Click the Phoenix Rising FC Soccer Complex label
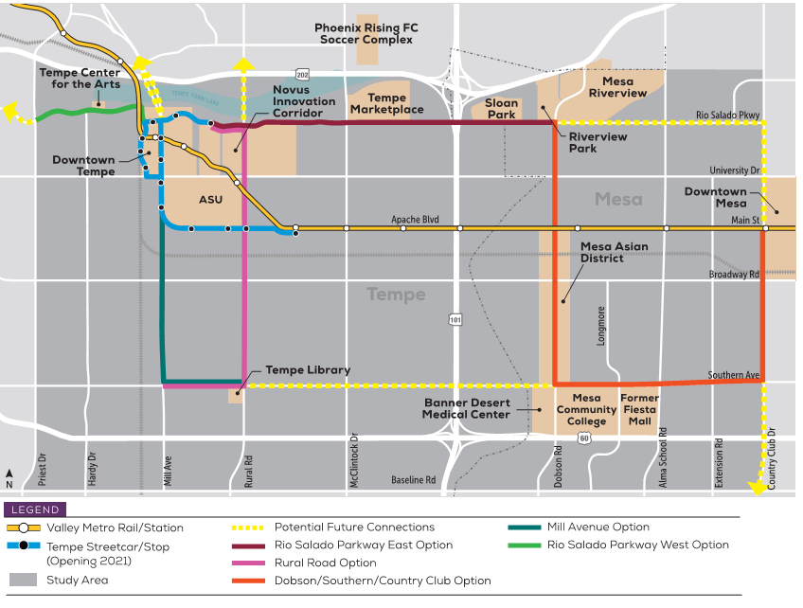tap(366, 34)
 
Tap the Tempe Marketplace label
tap(386, 104)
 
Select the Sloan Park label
tap(501, 109)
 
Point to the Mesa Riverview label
tap(617, 87)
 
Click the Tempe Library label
tap(308, 370)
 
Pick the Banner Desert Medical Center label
tap(468, 408)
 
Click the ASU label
tap(210, 200)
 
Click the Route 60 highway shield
tap(583, 438)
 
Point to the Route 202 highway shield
tap(302, 74)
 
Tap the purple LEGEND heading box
tap(35, 510)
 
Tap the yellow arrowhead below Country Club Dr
tap(757, 488)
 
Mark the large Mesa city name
tap(618, 199)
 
